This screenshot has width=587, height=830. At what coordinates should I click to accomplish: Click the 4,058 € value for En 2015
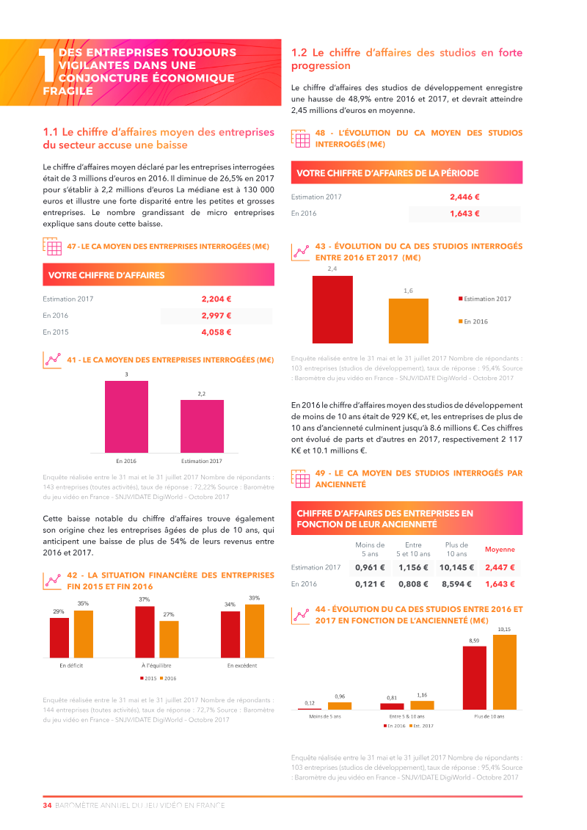pyautogui.click(x=216, y=332)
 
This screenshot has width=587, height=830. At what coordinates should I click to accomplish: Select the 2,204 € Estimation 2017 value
pyautogui.click(x=216, y=299)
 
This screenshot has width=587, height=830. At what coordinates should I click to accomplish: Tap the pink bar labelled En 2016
pyautogui.click(x=126, y=417)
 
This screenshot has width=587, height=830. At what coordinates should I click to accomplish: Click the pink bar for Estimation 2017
pyautogui.click(x=202, y=426)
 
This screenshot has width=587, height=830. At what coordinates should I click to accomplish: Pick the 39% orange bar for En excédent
pyautogui.click(x=254, y=630)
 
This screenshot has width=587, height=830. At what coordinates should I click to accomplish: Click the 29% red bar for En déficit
pyautogui.click(x=59, y=637)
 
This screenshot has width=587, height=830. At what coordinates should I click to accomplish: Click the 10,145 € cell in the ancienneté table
pyautogui.click(x=456, y=567)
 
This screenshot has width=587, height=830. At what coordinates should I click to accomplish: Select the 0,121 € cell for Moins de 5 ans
pyautogui.click(x=370, y=584)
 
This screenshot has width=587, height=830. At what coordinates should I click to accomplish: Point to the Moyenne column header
pyautogui.click(x=500, y=550)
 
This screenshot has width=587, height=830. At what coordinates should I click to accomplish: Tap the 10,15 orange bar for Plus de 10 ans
pyautogui.click(x=505, y=672)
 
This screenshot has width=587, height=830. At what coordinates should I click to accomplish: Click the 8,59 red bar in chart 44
pyautogui.click(x=474, y=677)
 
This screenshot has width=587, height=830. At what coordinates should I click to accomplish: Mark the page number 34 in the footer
pyautogui.click(x=47, y=805)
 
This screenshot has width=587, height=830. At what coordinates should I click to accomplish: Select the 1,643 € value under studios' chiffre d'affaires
pyautogui.click(x=464, y=214)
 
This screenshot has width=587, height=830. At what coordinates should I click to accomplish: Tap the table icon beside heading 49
pyautogui.click(x=300, y=479)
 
